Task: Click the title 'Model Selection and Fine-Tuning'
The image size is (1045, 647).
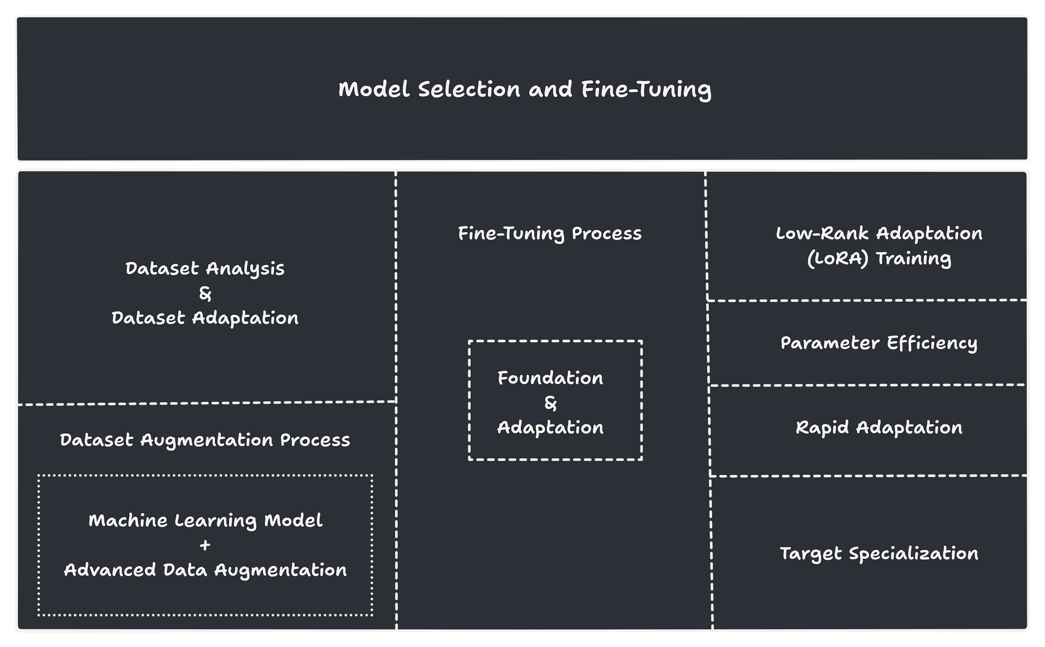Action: (525, 89)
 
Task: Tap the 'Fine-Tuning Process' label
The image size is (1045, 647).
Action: (550, 234)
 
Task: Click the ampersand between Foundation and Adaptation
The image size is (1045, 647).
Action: (551, 403)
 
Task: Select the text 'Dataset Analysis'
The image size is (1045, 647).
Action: (205, 269)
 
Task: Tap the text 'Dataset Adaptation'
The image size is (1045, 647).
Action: (205, 318)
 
